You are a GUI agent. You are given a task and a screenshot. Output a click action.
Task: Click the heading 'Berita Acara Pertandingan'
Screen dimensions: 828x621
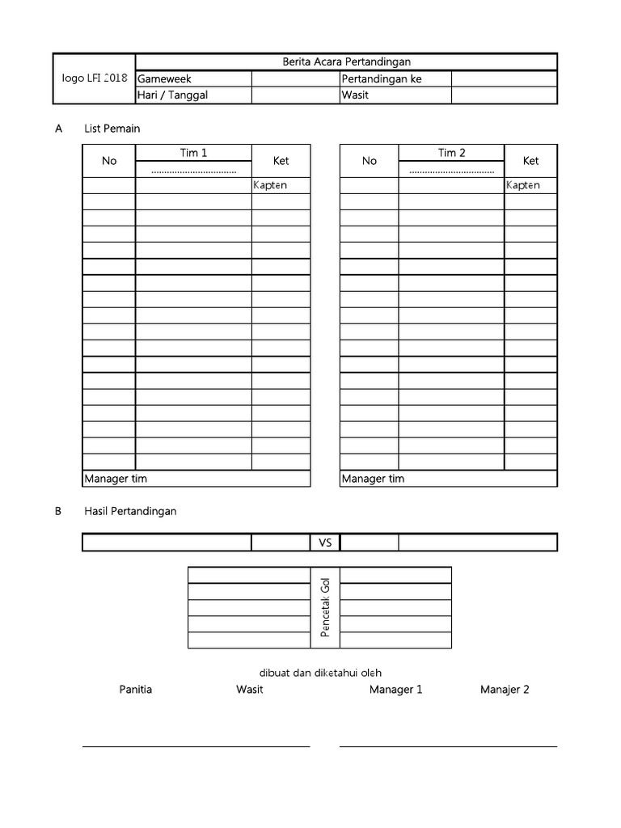[x=346, y=62]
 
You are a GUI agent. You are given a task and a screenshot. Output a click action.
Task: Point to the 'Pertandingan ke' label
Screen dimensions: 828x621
[x=382, y=79]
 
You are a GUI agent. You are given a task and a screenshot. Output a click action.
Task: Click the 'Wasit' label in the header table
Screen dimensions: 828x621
[x=355, y=95]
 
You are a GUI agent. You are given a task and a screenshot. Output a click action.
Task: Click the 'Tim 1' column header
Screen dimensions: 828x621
[x=193, y=153]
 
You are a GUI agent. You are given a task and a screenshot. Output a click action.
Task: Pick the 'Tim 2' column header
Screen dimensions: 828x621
[x=451, y=153]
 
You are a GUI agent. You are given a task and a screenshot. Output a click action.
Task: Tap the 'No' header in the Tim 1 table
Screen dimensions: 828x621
[x=109, y=161]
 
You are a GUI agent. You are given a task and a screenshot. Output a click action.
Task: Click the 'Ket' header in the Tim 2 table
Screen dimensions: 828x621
[x=530, y=161]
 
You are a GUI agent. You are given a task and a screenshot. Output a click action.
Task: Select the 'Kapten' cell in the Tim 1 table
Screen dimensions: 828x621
[x=270, y=185]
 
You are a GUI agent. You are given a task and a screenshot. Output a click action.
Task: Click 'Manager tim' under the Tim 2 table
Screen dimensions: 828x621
[x=373, y=479]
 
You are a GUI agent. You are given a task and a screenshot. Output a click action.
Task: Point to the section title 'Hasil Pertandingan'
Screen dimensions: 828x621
[x=130, y=511]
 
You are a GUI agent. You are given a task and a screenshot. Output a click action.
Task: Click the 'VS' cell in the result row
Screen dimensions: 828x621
[x=325, y=543]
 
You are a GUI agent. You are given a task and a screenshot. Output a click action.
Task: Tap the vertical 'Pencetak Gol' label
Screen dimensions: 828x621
[x=326, y=607]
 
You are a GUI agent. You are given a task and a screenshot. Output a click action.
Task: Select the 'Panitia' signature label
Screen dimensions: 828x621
[x=135, y=690]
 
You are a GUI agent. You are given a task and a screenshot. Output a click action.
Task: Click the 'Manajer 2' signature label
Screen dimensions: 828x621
[x=505, y=690]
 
